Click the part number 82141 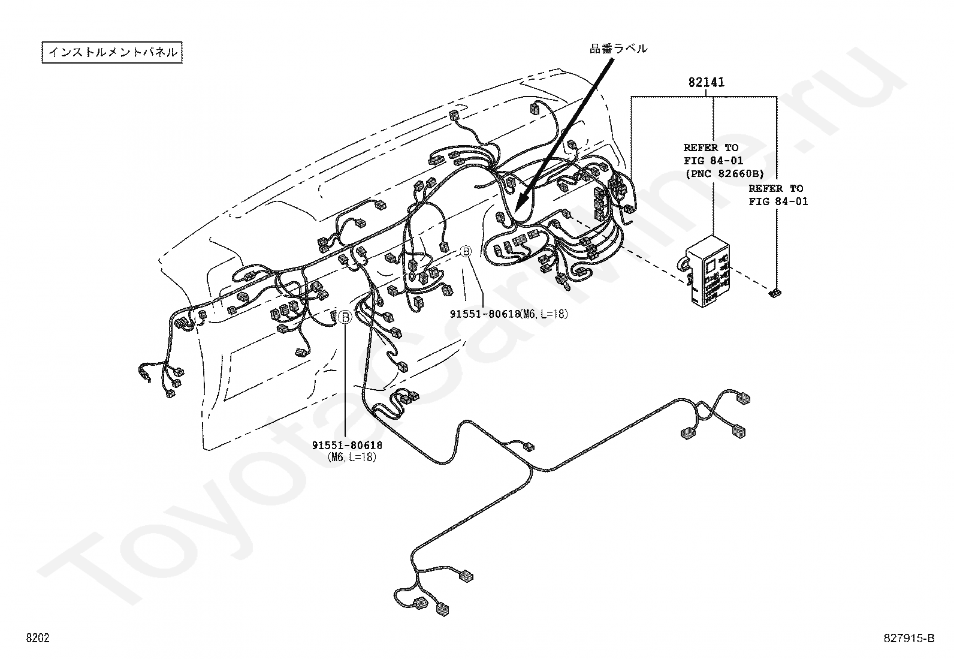[x=706, y=82]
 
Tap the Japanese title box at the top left [x=112, y=52]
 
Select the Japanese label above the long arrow [x=618, y=49]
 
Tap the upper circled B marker [x=466, y=252]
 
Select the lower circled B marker [x=345, y=317]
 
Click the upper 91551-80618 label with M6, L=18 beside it [x=484, y=314]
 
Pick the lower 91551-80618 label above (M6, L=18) [x=347, y=445]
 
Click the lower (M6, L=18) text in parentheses [x=352, y=458]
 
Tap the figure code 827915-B [x=908, y=638]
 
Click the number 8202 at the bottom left [x=37, y=638]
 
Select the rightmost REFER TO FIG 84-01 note [x=778, y=195]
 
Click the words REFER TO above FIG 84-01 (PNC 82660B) [x=711, y=148]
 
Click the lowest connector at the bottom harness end [x=443, y=609]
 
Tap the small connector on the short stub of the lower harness [x=529, y=446]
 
